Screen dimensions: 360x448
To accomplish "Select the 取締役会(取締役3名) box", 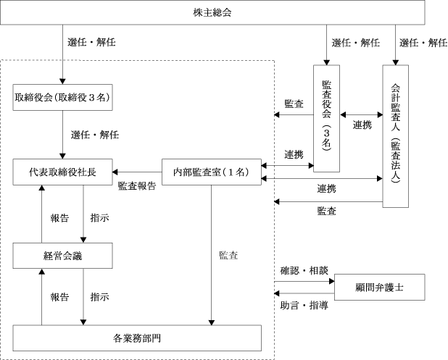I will [x=62, y=97].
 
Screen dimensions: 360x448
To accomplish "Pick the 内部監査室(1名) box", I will [x=211, y=172].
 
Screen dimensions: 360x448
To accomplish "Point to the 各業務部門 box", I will [x=136, y=337].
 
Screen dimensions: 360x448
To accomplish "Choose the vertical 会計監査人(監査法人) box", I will [x=395, y=136].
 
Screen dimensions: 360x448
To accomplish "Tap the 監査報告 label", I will [x=136, y=185].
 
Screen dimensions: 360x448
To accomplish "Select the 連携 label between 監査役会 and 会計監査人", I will [x=362, y=125].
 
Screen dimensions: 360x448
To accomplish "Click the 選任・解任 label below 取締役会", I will [x=95, y=135].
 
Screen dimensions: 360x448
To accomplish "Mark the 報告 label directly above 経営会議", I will [x=59, y=218].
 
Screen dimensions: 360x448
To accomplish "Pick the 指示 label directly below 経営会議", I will [x=99, y=296].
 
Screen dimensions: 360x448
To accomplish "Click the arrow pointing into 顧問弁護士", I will [x=304, y=280].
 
